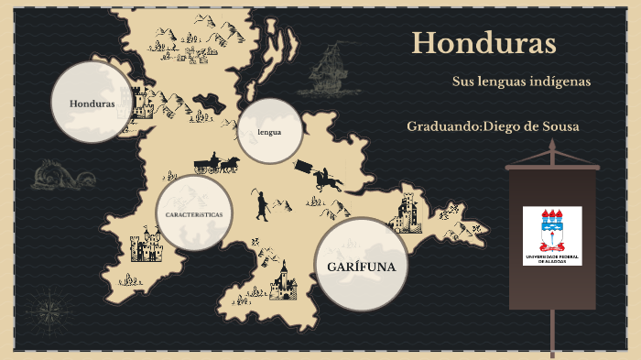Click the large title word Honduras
coord(483,43)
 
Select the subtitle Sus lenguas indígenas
coord(521,82)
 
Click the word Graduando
coord(443,125)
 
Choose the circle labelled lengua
coord(269,131)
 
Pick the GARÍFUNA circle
coord(361,266)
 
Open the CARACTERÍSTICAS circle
coord(194,213)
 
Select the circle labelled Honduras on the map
coord(92,103)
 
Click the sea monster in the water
coord(58,174)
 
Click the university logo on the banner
coord(552,235)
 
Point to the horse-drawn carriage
coord(217,164)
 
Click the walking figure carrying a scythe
coord(262,205)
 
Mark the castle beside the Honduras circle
coord(142,103)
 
